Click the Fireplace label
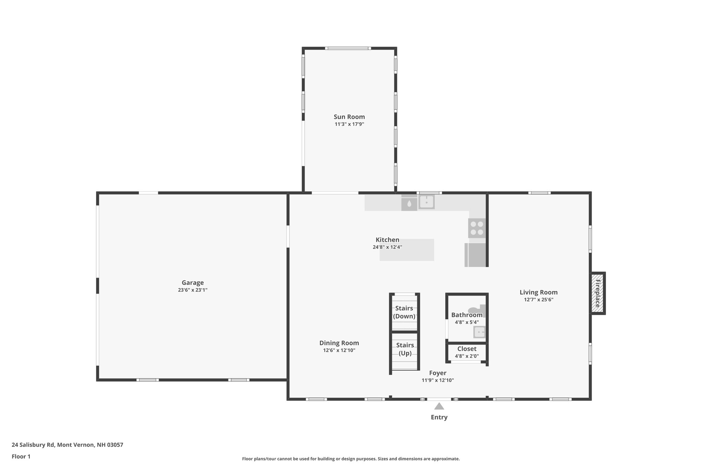[x=597, y=293]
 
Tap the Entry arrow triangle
[x=439, y=406]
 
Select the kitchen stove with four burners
[x=477, y=228]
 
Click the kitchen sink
[x=426, y=202]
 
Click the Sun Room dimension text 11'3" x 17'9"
[x=349, y=124]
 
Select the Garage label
[x=193, y=283]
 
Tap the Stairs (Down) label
[x=404, y=312]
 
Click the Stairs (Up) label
[x=405, y=349]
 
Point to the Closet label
[x=467, y=349]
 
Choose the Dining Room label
[x=339, y=343]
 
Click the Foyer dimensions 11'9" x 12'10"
[x=438, y=380]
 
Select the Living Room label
[x=538, y=292]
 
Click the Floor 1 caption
[x=21, y=456]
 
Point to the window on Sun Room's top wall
[x=348, y=48]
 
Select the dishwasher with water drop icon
[x=409, y=203]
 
